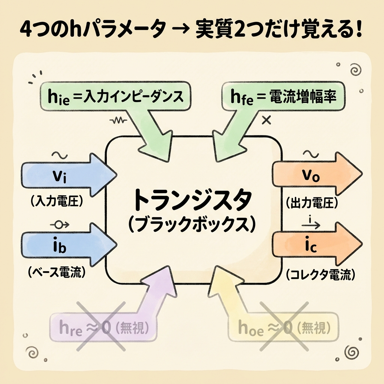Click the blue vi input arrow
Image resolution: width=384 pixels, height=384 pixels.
click(64, 175)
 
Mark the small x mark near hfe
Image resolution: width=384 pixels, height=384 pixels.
click(267, 120)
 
